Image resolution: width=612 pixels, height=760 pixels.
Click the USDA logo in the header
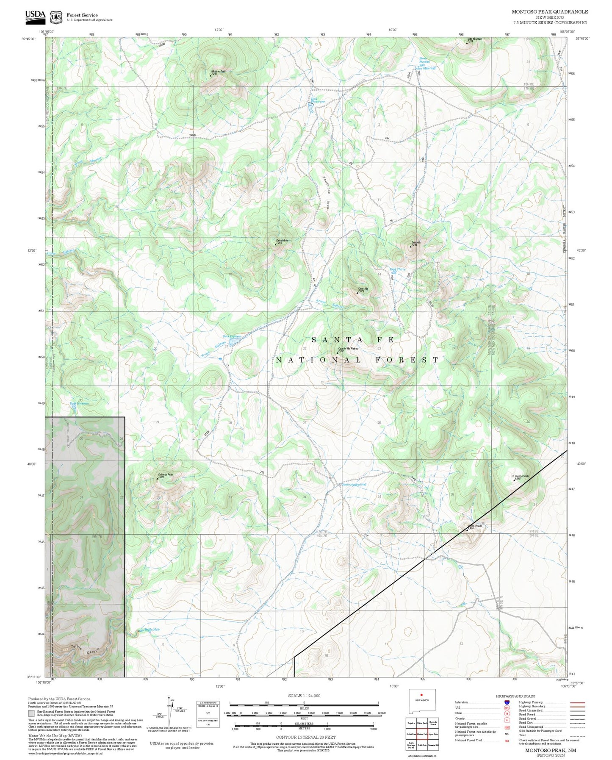(x=35, y=16)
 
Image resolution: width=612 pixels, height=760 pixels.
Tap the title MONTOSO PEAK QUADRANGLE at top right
(x=550, y=12)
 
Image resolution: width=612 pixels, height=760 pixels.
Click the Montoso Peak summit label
(x=219, y=72)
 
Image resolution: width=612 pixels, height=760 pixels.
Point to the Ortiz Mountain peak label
(x=474, y=39)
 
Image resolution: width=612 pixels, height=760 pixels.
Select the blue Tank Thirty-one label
(x=317, y=100)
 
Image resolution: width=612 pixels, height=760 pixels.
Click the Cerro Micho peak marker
(x=276, y=244)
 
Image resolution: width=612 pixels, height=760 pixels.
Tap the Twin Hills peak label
(x=416, y=243)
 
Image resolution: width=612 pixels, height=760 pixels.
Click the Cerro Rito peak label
(x=363, y=289)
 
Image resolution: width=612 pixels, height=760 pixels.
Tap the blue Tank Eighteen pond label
(x=232, y=336)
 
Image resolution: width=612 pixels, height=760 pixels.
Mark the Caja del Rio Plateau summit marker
(x=338, y=352)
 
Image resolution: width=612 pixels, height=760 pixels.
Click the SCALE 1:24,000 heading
(x=304, y=696)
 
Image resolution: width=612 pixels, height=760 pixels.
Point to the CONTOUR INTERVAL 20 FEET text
(x=305, y=737)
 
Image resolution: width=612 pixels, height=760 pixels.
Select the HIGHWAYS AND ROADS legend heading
(x=515, y=696)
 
